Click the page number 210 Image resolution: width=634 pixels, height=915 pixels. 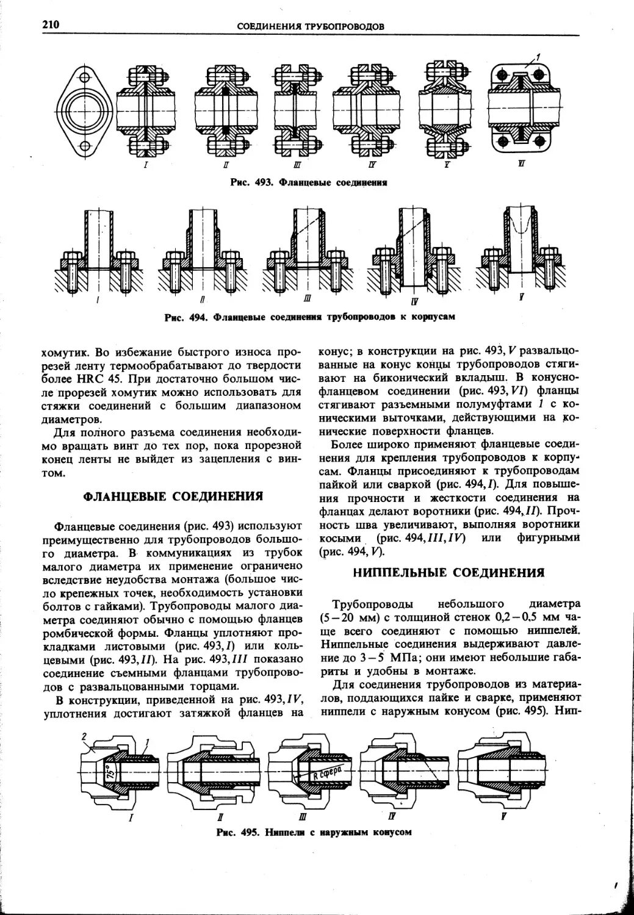[50, 24]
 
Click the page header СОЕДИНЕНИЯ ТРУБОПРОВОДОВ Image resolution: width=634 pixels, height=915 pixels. [310, 27]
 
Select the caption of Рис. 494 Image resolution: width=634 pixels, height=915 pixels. [309, 317]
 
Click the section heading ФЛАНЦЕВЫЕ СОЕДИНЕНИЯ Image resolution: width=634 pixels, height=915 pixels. [173, 496]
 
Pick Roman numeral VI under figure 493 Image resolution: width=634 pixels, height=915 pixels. [522, 163]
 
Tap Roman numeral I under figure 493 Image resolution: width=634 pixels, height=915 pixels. [145, 165]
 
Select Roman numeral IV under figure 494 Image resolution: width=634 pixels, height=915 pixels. [415, 301]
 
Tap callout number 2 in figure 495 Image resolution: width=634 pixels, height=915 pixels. [84, 738]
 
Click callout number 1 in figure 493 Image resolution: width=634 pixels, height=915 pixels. [539, 59]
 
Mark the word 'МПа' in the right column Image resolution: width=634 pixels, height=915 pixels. [396, 659]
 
